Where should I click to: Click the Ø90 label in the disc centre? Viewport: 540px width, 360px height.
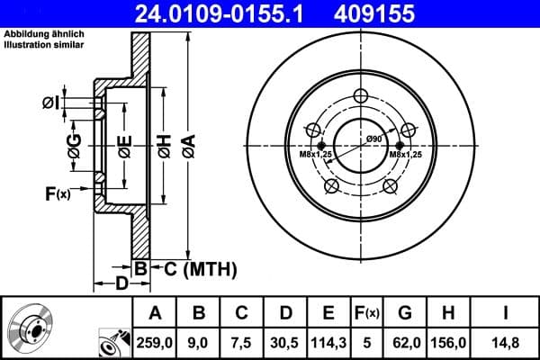(375, 139)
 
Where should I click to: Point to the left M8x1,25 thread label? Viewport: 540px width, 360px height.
(317, 155)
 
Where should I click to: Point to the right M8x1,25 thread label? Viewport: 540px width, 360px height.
(407, 155)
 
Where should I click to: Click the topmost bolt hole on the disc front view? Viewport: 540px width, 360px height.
(361, 97)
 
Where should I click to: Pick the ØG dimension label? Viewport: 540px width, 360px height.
(75, 146)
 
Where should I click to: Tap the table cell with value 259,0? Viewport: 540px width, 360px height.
(154, 341)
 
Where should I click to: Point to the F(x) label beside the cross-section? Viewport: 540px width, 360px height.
(56, 193)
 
